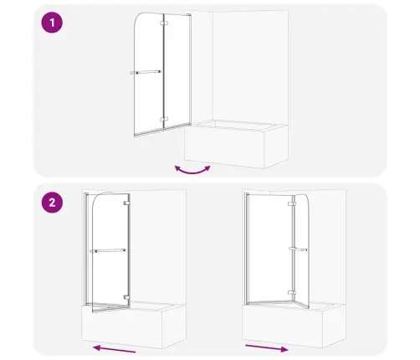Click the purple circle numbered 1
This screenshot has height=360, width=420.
(x=52, y=23)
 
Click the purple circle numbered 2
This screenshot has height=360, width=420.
(x=52, y=203)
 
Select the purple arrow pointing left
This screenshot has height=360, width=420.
(x=114, y=349)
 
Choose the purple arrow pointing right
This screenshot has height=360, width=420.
(x=267, y=348)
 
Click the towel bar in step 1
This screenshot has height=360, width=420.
(x=146, y=72)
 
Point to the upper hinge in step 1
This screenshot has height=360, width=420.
(x=164, y=23)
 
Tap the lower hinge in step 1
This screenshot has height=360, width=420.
(x=164, y=120)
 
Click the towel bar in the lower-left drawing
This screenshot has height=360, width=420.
(x=108, y=250)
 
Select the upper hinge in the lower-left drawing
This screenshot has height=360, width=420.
(x=127, y=203)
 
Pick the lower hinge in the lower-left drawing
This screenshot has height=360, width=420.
(x=127, y=297)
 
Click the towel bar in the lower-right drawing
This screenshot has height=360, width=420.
(x=298, y=249)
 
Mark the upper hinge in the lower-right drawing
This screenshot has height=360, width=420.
(x=292, y=204)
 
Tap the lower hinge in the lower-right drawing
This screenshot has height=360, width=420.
(x=292, y=293)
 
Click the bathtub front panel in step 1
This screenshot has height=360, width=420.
(x=224, y=147)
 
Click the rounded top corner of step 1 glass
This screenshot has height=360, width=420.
(x=139, y=18)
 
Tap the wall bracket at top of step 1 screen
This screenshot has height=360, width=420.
(x=188, y=14)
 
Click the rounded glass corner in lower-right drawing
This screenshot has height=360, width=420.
(x=305, y=198)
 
